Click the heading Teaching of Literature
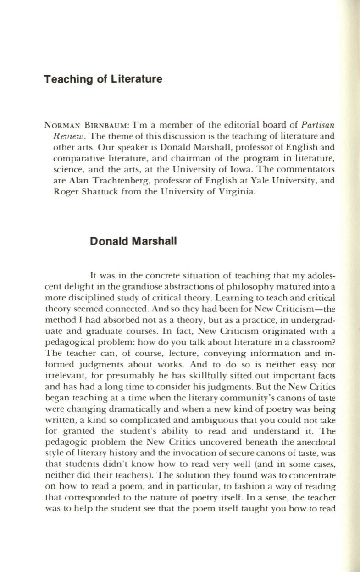tap(103, 79)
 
